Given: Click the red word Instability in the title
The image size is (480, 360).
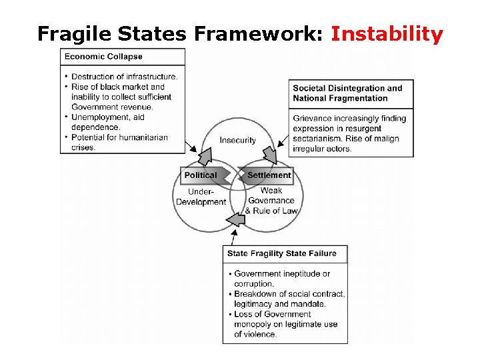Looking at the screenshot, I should pos(387,33).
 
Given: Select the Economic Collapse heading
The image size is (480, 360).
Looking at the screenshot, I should pos(103,57).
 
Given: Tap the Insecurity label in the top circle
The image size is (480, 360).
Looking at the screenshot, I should pos(238,140).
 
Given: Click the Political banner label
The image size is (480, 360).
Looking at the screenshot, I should pos(201,175).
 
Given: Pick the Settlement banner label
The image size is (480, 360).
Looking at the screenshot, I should pos(269,175).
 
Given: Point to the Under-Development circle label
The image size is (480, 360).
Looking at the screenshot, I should pos(201,197).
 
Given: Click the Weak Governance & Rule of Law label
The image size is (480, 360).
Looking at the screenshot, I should pos(271,200).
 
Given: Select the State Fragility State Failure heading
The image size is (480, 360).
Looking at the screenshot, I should pos(282,253).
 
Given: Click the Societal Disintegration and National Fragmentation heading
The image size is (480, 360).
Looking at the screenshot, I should pos(348,93).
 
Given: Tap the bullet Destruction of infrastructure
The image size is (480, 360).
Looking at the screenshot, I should pos(124,77).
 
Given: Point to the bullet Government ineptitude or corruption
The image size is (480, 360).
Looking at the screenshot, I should pos(281,279).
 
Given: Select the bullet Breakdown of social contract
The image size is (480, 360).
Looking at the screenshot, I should pos(289,299).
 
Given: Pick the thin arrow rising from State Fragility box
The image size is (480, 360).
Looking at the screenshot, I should pos(234,237).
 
